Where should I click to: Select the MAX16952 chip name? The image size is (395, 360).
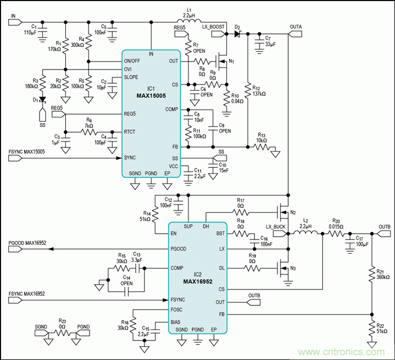click(197, 281)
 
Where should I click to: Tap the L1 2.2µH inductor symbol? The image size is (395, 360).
click(192, 22)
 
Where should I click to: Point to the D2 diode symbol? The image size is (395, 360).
click(238, 34)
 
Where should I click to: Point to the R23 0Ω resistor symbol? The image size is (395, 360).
click(62, 333)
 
